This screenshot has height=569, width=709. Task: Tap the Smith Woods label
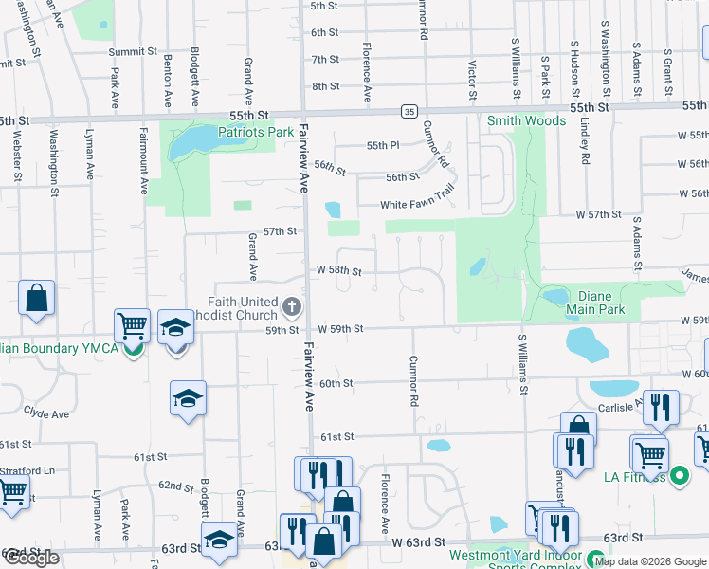[526, 120]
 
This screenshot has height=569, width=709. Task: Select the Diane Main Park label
[595, 302]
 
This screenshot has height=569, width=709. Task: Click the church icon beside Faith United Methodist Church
[292, 307]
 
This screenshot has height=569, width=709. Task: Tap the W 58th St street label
[338, 272]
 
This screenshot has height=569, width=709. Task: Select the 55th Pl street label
[384, 146]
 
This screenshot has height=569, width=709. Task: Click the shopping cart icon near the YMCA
[132, 326]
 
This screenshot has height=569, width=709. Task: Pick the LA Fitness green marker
[679, 475]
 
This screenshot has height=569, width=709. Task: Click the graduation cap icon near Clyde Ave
[188, 398]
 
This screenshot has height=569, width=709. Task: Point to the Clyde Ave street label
[46, 413]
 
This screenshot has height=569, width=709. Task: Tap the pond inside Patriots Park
[192, 142]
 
